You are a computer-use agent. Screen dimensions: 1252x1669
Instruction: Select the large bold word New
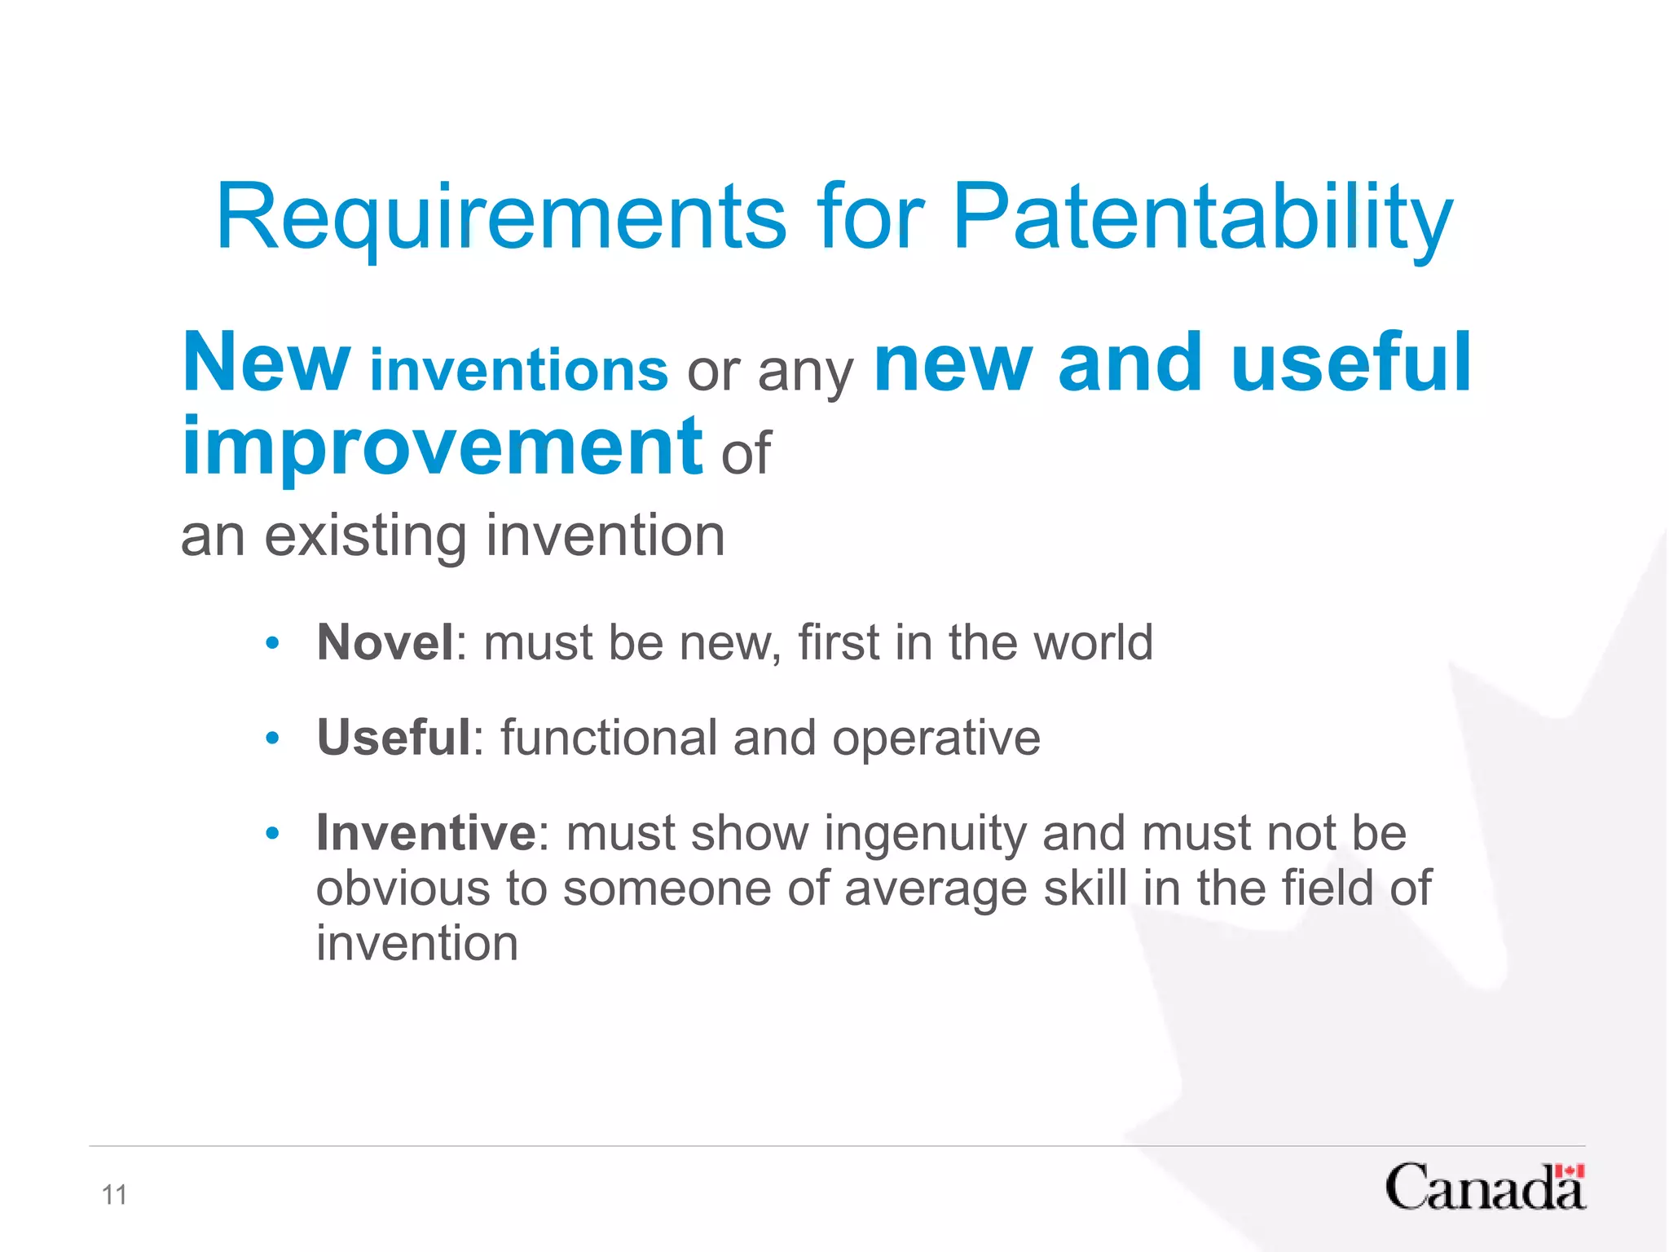click(x=266, y=363)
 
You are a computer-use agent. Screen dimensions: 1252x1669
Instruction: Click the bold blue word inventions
click(x=519, y=371)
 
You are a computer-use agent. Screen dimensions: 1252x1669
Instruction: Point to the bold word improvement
click(x=442, y=447)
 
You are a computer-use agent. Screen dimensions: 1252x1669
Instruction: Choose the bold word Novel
click(x=385, y=642)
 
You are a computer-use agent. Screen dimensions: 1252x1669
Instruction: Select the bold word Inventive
click(x=426, y=833)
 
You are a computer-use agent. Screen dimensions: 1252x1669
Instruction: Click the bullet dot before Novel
click(x=272, y=644)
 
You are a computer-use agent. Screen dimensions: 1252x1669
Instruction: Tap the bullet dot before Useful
click(x=272, y=739)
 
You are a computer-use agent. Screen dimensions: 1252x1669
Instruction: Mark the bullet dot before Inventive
click(x=272, y=834)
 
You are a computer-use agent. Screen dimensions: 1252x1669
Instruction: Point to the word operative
click(x=936, y=738)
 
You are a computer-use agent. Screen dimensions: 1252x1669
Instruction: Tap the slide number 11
click(x=114, y=1195)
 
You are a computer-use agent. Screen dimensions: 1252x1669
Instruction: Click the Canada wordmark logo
click(x=1483, y=1188)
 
